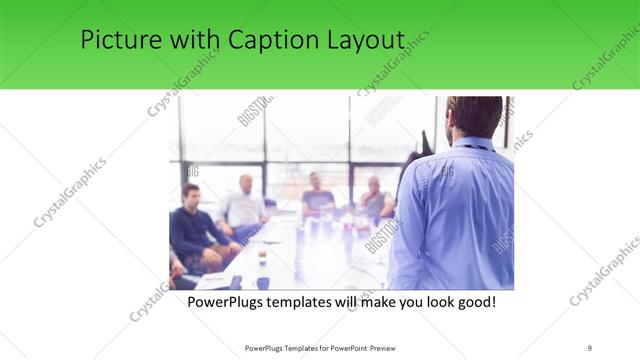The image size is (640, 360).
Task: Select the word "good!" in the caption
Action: (x=474, y=300)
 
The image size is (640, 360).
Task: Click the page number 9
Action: (x=590, y=348)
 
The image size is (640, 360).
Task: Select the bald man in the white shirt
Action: (x=244, y=205)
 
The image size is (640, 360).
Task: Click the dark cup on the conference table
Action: (x=262, y=257)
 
